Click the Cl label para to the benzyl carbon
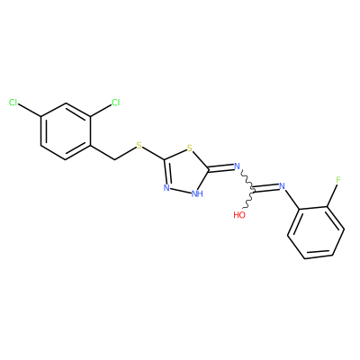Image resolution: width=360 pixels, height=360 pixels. (x=13, y=103)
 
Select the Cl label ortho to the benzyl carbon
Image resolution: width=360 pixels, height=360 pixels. (x=115, y=103)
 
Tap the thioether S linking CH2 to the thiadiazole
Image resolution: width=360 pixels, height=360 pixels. (x=139, y=146)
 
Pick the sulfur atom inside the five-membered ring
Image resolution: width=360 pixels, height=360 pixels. (x=189, y=148)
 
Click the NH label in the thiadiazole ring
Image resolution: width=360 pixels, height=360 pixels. (x=197, y=194)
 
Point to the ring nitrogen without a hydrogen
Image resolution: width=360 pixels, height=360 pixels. (x=166, y=188)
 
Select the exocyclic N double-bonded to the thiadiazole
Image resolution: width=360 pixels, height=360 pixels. (x=237, y=166)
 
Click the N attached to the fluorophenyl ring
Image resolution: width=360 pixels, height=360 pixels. (x=282, y=186)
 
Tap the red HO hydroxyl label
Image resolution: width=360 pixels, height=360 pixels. (x=239, y=215)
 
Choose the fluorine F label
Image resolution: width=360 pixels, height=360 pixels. (x=338, y=180)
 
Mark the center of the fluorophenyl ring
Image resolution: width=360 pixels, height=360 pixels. (x=316, y=232)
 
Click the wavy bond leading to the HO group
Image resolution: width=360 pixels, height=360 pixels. (x=249, y=198)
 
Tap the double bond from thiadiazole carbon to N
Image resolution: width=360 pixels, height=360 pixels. (x=220, y=168)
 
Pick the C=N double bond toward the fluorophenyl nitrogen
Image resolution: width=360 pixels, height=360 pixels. (x=266, y=188)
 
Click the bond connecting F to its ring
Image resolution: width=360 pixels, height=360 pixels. (x=332, y=195)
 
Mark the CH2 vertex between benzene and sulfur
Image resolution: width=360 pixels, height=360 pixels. (x=115, y=159)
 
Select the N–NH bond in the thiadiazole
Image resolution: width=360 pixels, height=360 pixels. (x=181, y=191)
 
